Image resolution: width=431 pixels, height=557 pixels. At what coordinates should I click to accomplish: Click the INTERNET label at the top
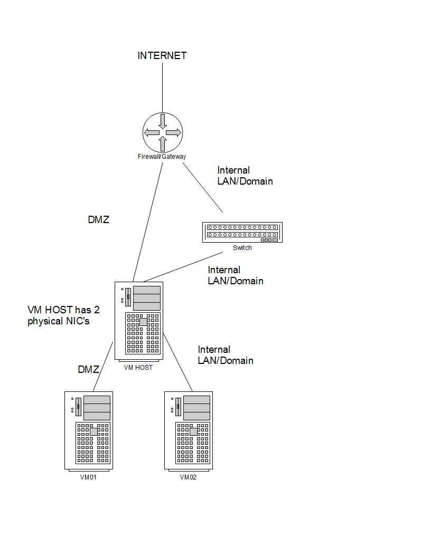point(162,55)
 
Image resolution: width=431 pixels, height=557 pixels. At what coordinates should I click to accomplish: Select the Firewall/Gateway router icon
point(163,132)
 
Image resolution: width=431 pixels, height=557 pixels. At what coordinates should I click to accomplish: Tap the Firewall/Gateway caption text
point(162,157)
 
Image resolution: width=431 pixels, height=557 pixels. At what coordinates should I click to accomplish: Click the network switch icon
point(242,232)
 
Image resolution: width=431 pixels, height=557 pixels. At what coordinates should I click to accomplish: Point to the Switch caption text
point(242,248)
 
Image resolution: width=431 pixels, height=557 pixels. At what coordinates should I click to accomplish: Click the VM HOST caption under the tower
point(138,368)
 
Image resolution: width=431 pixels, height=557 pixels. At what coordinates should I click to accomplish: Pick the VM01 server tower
point(89,430)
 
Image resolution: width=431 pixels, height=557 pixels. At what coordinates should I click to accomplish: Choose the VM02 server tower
point(189,430)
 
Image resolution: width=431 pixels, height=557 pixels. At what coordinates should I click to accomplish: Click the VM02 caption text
point(188,477)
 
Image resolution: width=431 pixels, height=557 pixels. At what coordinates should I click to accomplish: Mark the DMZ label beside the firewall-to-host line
point(99,220)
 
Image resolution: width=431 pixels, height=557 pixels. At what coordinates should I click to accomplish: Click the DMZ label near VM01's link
point(89,370)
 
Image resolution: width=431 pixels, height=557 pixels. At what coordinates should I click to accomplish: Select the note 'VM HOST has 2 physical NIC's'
point(63,315)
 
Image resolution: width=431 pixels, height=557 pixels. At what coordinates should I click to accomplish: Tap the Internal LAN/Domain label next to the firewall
point(245,176)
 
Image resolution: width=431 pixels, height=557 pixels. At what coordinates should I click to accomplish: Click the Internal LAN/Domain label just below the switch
point(236,275)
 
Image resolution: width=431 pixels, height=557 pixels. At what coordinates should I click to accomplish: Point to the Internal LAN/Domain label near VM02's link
point(226,355)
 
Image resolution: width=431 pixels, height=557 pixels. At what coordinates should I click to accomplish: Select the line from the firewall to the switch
point(203,188)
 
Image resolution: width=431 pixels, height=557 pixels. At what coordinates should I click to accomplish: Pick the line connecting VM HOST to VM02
point(177,362)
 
